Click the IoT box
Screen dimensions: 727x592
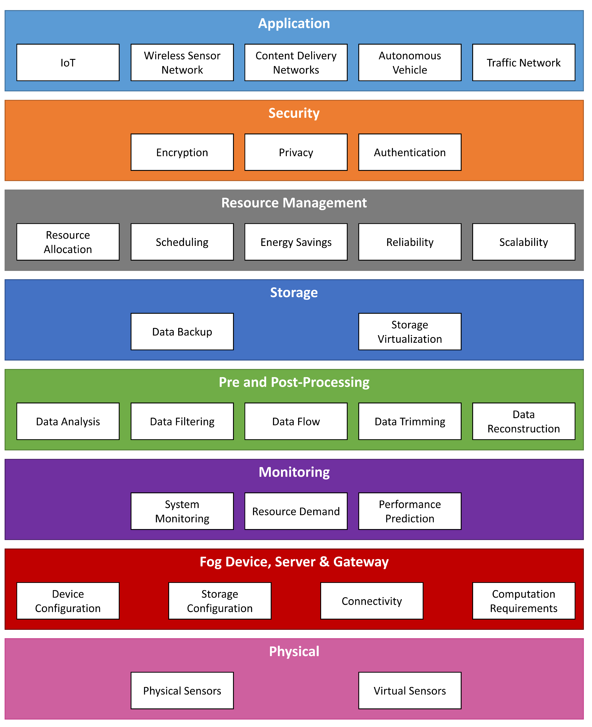[x=68, y=63]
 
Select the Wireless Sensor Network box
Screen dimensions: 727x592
[x=182, y=63]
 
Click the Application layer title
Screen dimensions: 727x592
[x=294, y=23]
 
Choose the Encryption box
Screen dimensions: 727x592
[x=182, y=152]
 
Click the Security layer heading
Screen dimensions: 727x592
[x=294, y=113]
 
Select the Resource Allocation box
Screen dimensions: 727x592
[x=68, y=242]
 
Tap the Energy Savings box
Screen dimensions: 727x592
[x=296, y=242]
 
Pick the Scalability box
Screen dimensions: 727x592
[x=524, y=242]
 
